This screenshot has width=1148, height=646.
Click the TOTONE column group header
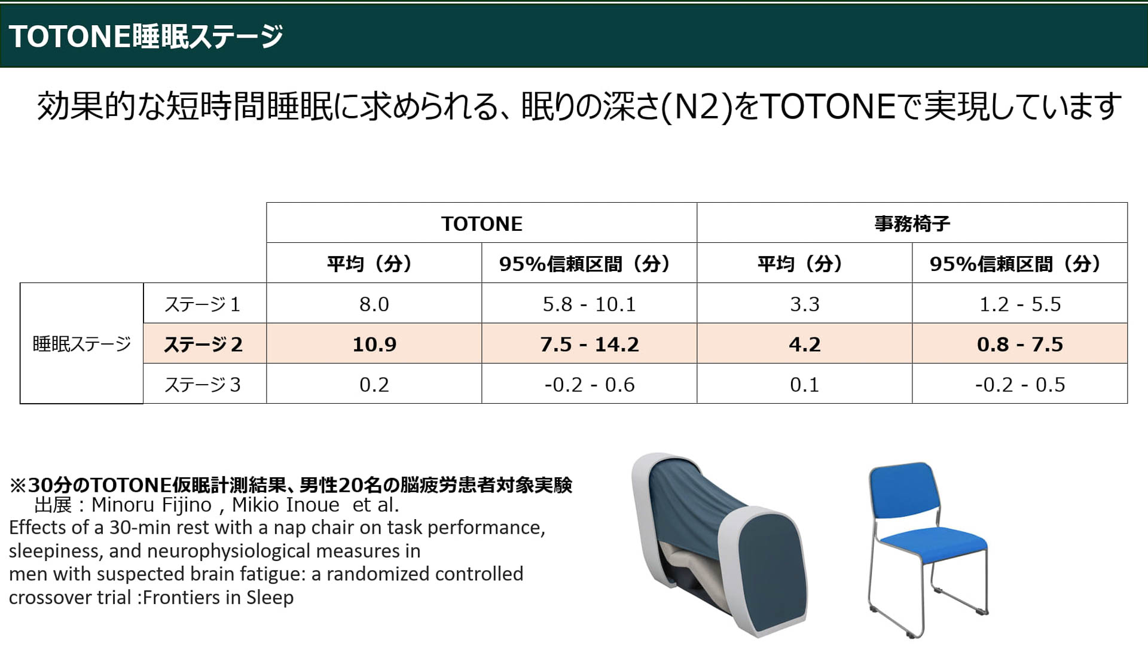click(x=481, y=223)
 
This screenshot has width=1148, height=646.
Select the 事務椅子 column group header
click(x=912, y=223)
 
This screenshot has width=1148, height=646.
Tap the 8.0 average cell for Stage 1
click(x=374, y=304)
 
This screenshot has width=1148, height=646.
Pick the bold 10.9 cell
click(x=374, y=344)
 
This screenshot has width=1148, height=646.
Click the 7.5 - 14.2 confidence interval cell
click(x=589, y=344)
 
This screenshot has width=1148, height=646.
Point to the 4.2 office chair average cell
click(x=804, y=344)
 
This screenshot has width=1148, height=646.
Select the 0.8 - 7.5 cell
click(x=1019, y=344)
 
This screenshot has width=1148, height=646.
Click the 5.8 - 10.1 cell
click(x=589, y=304)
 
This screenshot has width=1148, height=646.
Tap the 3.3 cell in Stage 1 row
click(x=804, y=304)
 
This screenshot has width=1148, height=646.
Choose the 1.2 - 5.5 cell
click(x=1019, y=304)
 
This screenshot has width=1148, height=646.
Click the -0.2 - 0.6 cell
click(x=589, y=384)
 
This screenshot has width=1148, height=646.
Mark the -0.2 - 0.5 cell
click(x=1019, y=384)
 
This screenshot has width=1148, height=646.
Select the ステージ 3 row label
click(x=203, y=384)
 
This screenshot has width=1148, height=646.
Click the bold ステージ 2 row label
click(x=203, y=344)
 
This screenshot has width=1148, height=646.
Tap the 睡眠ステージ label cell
click(x=81, y=343)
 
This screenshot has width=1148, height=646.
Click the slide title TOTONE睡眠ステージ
click(x=145, y=36)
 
